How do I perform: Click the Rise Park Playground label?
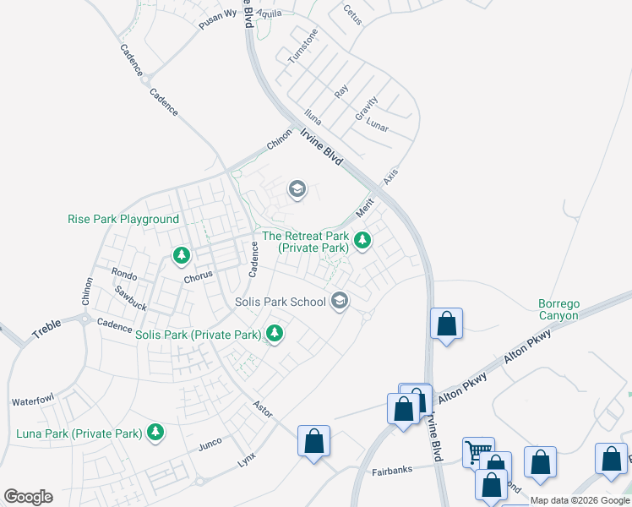pos(123,219)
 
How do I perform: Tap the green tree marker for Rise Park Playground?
pos(181,254)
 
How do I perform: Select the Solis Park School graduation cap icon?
pos(340,301)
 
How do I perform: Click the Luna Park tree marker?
pos(155,433)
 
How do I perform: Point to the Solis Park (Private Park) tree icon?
pos(274,335)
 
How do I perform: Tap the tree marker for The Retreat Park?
pos(362,242)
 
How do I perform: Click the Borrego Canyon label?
pos(558,309)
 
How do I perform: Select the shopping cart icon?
pos(477,451)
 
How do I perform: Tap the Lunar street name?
pos(378,127)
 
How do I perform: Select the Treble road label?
pos(47,328)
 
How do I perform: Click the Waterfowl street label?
pos(33,401)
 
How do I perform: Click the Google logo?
pos(28,497)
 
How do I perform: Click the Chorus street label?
pos(198,276)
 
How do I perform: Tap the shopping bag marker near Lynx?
pos(313,441)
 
